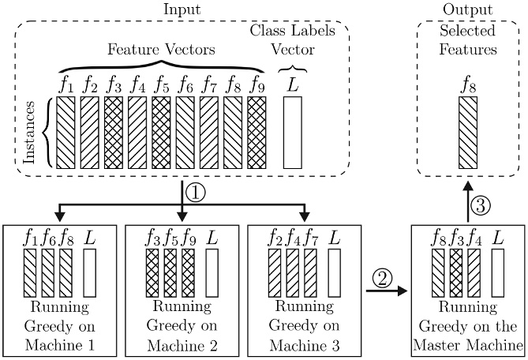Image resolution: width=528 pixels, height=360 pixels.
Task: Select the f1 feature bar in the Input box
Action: click(x=66, y=131)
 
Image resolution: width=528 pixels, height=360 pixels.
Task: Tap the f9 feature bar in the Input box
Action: click(x=256, y=131)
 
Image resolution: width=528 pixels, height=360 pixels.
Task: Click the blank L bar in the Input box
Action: click(x=292, y=131)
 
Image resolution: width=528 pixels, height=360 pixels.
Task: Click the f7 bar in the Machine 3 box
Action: click(x=311, y=273)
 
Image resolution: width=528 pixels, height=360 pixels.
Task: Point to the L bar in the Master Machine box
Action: click(x=498, y=273)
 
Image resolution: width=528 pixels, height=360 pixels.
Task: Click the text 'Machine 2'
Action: click(x=182, y=344)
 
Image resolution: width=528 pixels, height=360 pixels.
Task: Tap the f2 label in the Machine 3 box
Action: click(x=275, y=237)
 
